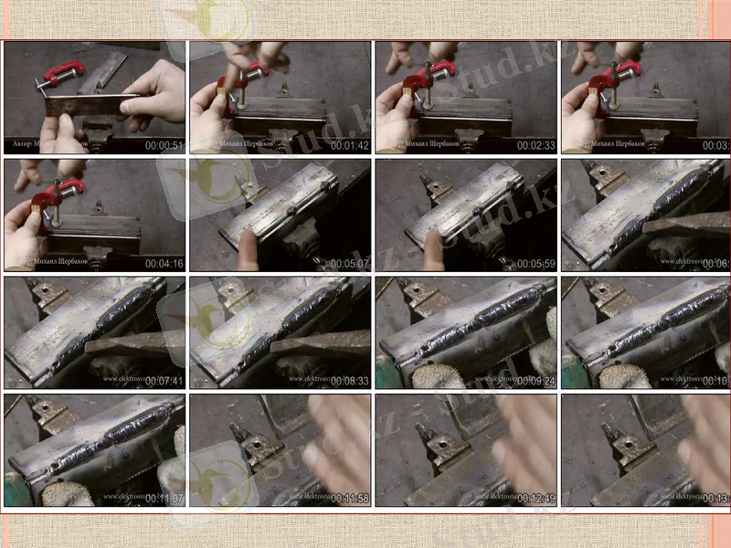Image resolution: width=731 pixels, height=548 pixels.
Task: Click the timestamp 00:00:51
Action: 164,145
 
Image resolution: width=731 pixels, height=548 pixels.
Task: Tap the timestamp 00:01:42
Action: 350,145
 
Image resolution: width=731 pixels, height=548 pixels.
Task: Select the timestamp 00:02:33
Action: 536,145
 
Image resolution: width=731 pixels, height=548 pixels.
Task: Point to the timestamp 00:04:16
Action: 164,263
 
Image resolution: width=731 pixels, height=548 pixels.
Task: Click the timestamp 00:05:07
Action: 350,263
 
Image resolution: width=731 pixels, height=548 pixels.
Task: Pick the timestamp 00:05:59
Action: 536,263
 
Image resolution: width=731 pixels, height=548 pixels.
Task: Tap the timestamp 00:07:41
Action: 164,380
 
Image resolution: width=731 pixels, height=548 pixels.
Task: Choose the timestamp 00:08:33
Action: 350,380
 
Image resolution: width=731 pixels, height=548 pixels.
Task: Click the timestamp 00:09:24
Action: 536,380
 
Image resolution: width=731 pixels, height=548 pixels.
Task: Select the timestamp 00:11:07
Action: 164,498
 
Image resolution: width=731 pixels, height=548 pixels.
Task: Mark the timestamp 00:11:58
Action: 350,498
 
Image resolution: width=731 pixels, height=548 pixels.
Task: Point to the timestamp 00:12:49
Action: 536,498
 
